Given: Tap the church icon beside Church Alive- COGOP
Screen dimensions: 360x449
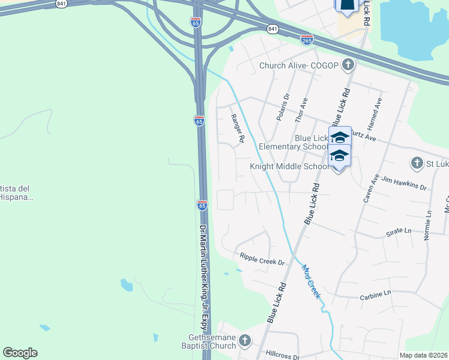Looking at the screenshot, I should click(x=347, y=65).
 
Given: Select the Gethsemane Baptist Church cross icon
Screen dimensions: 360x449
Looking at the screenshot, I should click(x=244, y=341).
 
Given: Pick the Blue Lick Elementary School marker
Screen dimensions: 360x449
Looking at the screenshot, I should click(x=339, y=136).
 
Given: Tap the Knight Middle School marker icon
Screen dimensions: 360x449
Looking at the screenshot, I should click(x=339, y=155).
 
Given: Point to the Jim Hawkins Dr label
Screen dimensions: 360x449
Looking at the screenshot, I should click(x=403, y=183).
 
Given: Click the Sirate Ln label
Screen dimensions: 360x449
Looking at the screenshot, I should click(x=399, y=230).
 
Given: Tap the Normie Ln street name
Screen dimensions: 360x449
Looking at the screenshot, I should click(x=428, y=225).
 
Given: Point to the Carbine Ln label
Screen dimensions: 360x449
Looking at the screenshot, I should click(x=375, y=294).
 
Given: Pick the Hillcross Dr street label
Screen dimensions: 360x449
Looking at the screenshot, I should click(x=279, y=356).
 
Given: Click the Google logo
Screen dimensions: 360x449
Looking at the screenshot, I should click(x=20, y=353).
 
